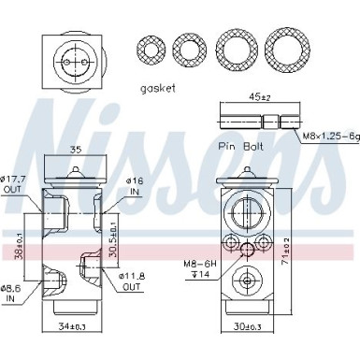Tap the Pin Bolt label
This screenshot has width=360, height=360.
point(239,147)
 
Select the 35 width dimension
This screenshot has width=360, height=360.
point(77,149)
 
